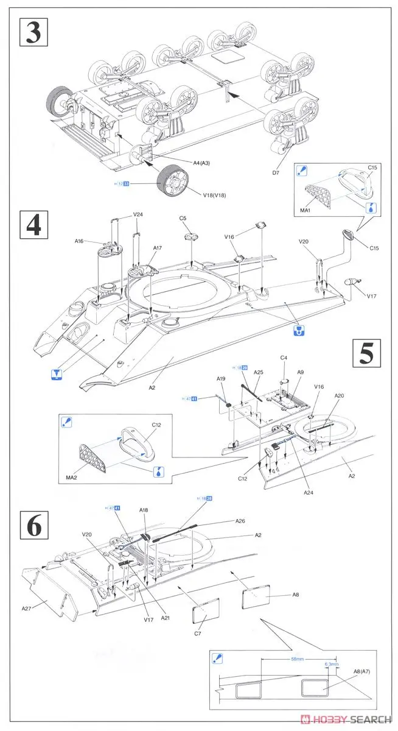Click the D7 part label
(276, 172)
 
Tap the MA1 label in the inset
(305, 211)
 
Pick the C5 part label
(183, 218)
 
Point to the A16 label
(79, 241)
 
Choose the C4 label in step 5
(284, 358)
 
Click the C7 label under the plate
(198, 634)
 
